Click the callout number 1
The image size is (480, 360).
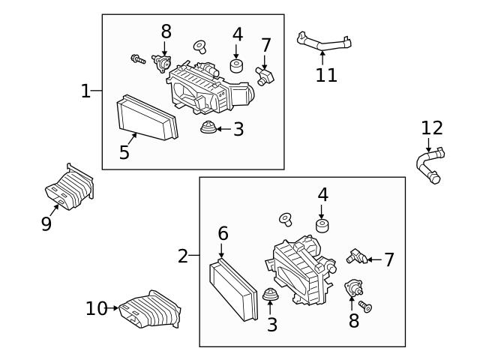click(85, 91)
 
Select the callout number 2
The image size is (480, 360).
click(183, 256)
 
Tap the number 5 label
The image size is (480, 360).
click(124, 152)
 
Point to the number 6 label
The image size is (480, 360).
click(223, 234)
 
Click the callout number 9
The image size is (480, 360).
click(46, 223)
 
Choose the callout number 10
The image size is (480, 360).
click(97, 308)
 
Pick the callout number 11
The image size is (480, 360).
click(326, 75)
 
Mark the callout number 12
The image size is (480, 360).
click(432, 127)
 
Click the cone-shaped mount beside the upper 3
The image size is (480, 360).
click(207, 129)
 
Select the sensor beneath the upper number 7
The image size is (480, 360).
click(265, 74)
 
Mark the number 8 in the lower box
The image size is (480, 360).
click(353, 322)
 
